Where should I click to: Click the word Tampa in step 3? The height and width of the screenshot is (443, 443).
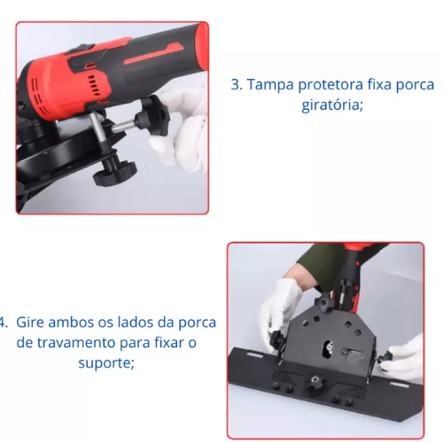coord(270,85)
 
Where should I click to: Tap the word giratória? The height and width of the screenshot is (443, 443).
coord(332,105)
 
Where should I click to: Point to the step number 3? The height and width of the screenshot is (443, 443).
coord(237,85)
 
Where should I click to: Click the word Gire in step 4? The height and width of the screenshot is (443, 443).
coord(30,323)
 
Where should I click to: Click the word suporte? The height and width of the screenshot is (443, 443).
coord(106,363)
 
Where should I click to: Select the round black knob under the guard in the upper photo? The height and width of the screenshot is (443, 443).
coord(115,170)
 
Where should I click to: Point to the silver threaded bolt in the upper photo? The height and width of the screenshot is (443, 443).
coord(122,127)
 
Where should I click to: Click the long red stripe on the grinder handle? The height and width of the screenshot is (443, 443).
coord(153,52)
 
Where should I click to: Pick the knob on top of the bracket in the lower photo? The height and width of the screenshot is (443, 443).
coord(323,302)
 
